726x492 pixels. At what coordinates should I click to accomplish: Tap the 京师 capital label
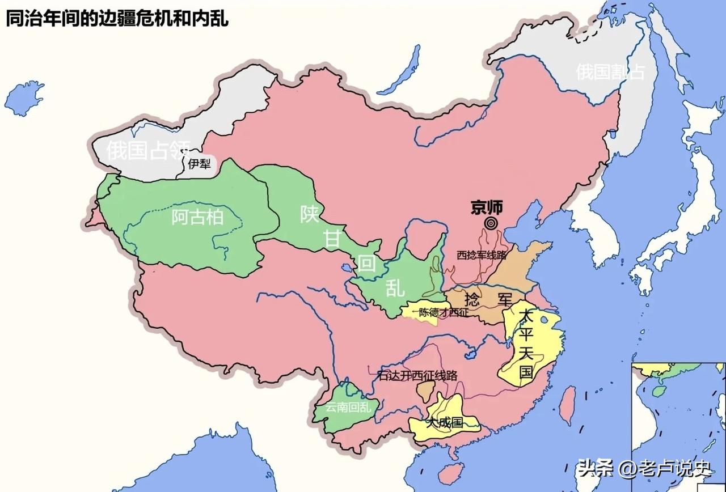pos(487,208)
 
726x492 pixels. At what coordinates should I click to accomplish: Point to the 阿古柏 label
pos(197,217)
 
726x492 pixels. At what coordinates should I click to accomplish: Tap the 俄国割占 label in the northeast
pos(610,72)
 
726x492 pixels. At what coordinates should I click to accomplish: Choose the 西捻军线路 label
pos(481,255)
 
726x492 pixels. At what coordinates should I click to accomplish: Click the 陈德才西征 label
pos(444,312)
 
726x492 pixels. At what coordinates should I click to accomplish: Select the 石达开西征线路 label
pos(417,375)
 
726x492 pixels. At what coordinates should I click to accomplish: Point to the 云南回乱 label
pos(348,408)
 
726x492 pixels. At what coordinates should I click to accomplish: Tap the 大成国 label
pos(445,422)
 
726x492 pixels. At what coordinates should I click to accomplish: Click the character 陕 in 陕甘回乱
pos(310,214)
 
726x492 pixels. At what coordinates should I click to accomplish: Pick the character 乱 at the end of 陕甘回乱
pos(395,288)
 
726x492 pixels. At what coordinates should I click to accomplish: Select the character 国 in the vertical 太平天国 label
pos(526,373)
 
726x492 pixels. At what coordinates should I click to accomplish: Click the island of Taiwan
pos(567,405)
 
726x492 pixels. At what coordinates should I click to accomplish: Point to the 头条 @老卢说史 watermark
pos(644,468)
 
